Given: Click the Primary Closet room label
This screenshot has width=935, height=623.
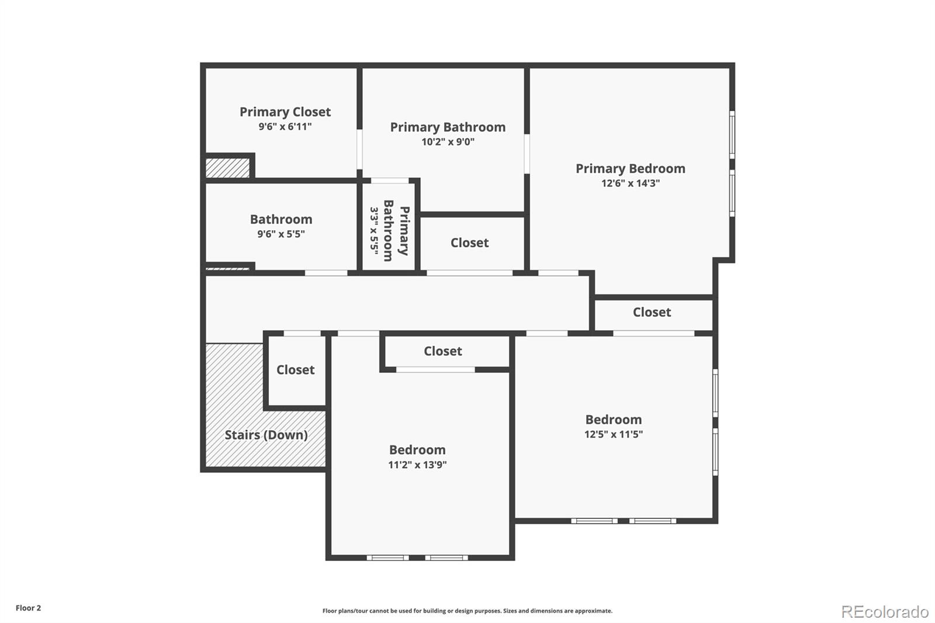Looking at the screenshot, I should point(285,112).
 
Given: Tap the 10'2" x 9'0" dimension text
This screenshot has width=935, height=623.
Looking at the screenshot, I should point(448,142).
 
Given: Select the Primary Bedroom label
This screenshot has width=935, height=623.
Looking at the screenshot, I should point(630,168).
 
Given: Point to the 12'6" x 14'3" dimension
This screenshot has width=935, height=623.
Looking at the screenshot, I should point(630,184).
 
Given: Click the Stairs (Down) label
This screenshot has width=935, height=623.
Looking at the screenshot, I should point(266,435).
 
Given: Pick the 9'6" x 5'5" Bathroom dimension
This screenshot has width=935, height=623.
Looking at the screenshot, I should point(280,234).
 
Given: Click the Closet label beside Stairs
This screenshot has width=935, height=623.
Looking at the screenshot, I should point(295,370).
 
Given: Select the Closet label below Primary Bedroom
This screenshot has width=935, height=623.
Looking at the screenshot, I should point(652,312).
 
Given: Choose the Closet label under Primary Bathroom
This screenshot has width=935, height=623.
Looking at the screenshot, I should point(469,243).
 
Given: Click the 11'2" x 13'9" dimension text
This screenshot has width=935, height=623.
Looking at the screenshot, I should point(417,465).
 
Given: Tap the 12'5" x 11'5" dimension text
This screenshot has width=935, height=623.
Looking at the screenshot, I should point(613,434).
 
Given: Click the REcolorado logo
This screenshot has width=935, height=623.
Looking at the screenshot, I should point(884,612).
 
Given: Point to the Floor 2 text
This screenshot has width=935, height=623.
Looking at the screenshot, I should point(28,608).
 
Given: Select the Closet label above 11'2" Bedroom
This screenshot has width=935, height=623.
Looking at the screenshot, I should point(442,351).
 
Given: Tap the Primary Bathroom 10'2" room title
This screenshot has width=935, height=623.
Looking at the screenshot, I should point(448,127).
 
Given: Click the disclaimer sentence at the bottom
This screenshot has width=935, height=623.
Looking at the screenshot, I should point(467,611).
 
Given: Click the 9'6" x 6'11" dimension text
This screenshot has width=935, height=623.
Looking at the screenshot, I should point(285,127).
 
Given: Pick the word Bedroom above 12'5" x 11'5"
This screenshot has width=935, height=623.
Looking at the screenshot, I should point(613,420).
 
